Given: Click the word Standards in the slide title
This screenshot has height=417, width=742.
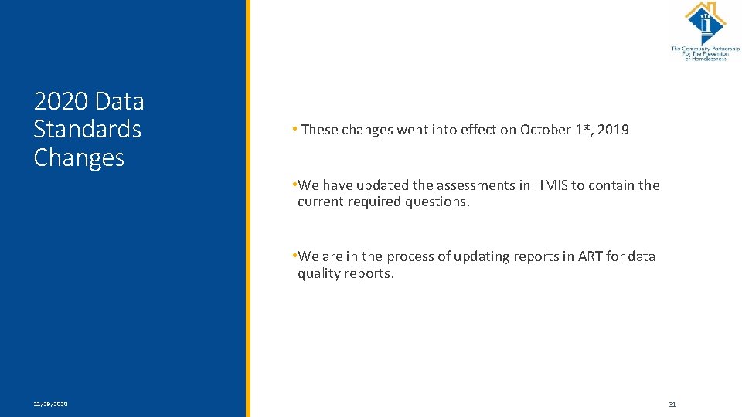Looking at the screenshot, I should click(x=87, y=129).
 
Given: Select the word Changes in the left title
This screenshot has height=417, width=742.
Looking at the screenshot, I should click(x=79, y=158).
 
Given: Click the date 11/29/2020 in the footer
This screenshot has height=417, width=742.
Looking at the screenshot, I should click(x=50, y=404).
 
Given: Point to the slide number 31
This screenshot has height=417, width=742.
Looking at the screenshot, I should click(x=672, y=404).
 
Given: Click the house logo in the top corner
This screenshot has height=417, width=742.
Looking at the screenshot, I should click(x=705, y=23).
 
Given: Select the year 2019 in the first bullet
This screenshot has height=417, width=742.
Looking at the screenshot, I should click(x=614, y=130).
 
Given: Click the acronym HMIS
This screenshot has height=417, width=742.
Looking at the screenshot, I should click(x=547, y=185).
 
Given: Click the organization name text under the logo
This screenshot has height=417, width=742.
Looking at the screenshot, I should click(x=705, y=53).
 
